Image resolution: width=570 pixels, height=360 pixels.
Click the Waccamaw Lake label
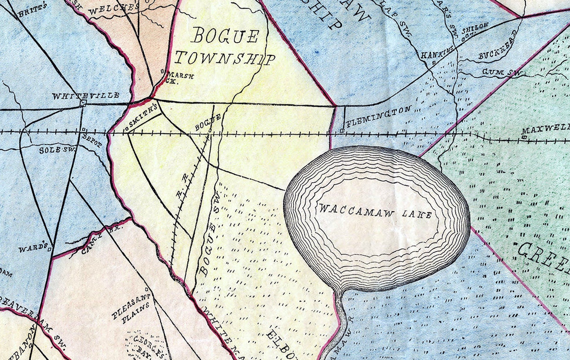point(375,211)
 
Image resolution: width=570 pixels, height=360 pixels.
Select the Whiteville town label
point(85,96)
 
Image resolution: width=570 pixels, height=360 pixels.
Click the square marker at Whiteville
point(83,103)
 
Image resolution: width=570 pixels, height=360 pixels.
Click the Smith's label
point(142,122)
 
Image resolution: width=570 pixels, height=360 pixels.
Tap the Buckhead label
point(498,48)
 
